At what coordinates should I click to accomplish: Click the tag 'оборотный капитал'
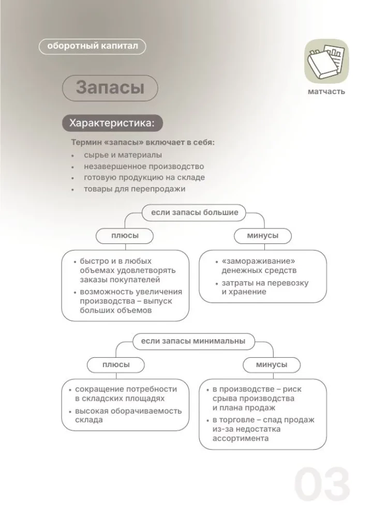click(93, 47)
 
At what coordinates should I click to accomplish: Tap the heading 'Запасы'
click(110, 87)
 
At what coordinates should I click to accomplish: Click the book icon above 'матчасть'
click(325, 61)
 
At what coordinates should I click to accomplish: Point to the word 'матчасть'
click(325, 92)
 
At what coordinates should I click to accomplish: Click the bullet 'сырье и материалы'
click(123, 155)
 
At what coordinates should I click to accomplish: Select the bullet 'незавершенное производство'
click(144, 166)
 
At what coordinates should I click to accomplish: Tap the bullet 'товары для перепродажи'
click(135, 189)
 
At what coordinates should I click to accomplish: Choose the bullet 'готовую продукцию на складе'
click(144, 177)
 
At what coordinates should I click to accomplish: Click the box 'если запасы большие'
click(195, 212)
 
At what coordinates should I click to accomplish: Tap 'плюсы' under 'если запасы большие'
click(125, 236)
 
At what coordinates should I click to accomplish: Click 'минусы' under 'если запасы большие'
click(263, 236)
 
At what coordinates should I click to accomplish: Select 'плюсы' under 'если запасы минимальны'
click(116, 364)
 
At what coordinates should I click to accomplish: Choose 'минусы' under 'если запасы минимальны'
click(271, 364)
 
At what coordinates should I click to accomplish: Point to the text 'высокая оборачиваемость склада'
click(128, 415)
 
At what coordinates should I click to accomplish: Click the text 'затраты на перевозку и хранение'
click(265, 287)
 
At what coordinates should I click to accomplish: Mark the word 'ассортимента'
click(240, 438)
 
